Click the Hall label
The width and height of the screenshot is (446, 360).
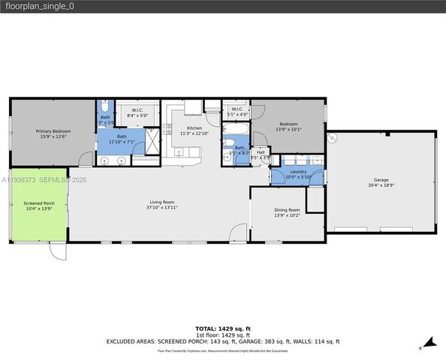point(261,151)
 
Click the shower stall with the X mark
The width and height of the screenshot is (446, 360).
point(152,141)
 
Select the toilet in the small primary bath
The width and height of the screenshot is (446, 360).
point(105,106)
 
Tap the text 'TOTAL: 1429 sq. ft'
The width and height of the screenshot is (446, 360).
point(223,328)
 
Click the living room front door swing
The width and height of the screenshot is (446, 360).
point(238,233)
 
